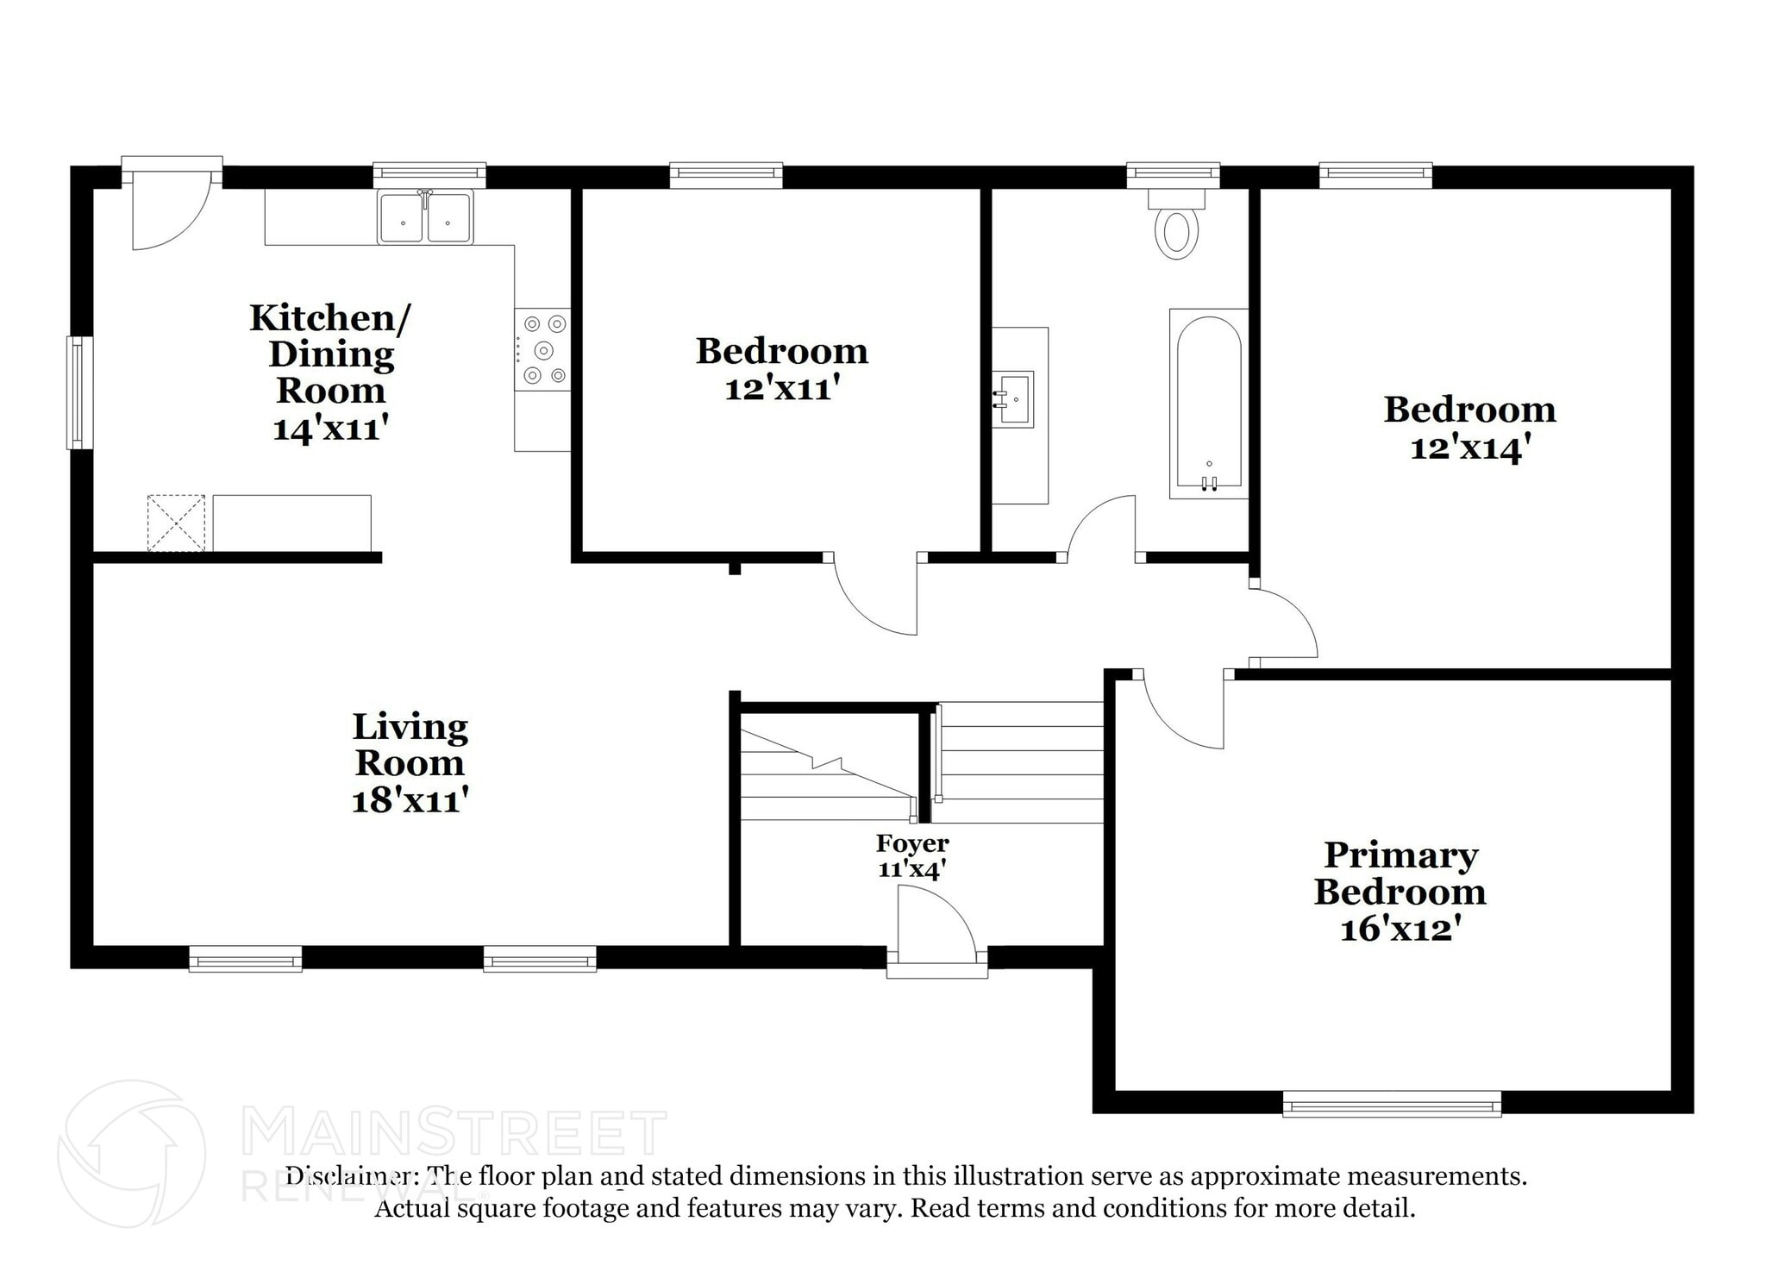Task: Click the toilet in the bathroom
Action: point(1176,226)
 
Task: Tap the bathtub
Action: point(1209,404)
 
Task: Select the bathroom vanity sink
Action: point(1015,399)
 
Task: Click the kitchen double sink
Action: point(425,218)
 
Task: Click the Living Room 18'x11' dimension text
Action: point(410,801)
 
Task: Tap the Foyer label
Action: point(912,843)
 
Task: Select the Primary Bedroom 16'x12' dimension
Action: point(1400,930)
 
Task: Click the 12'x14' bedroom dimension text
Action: point(1469,448)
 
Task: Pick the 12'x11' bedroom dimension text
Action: point(781,390)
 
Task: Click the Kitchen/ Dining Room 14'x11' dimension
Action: point(330,429)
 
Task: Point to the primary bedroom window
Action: point(1391,1104)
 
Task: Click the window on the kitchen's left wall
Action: point(79,392)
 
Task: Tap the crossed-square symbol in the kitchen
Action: point(176,523)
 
